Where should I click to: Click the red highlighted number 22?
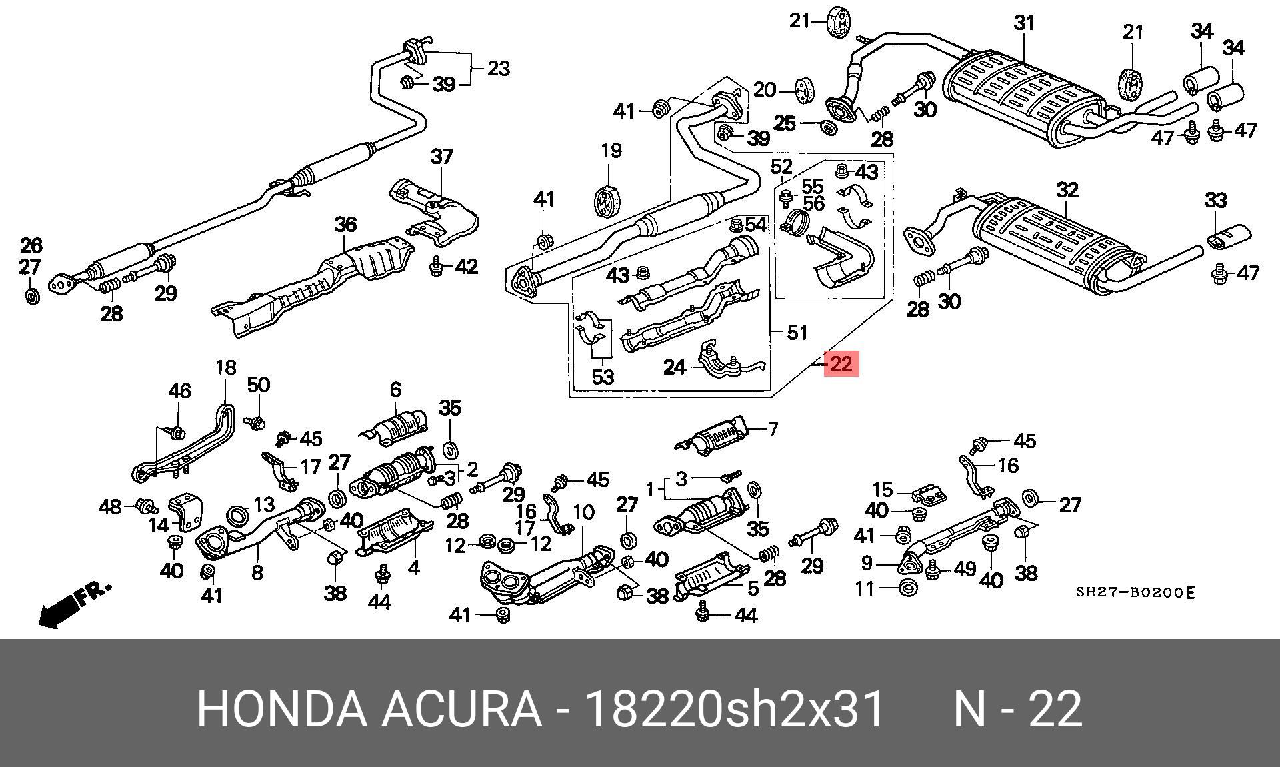(841, 364)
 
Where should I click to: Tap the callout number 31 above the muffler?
(1024, 23)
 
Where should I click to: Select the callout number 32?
(1067, 191)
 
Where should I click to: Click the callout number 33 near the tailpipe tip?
(1215, 201)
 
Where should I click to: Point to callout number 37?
(441, 157)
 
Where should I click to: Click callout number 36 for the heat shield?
(345, 225)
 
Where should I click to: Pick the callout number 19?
(611, 151)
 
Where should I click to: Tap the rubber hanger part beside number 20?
(805, 90)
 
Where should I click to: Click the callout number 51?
(797, 332)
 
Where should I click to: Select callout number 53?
(603, 377)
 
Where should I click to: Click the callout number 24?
(674, 367)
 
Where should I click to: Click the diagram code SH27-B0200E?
(1135, 592)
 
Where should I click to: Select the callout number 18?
(226, 367)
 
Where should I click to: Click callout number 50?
(259, 385)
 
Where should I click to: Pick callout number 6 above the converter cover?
(395, 390)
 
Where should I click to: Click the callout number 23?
(498, 69)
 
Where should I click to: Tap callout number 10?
(583, 512)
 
